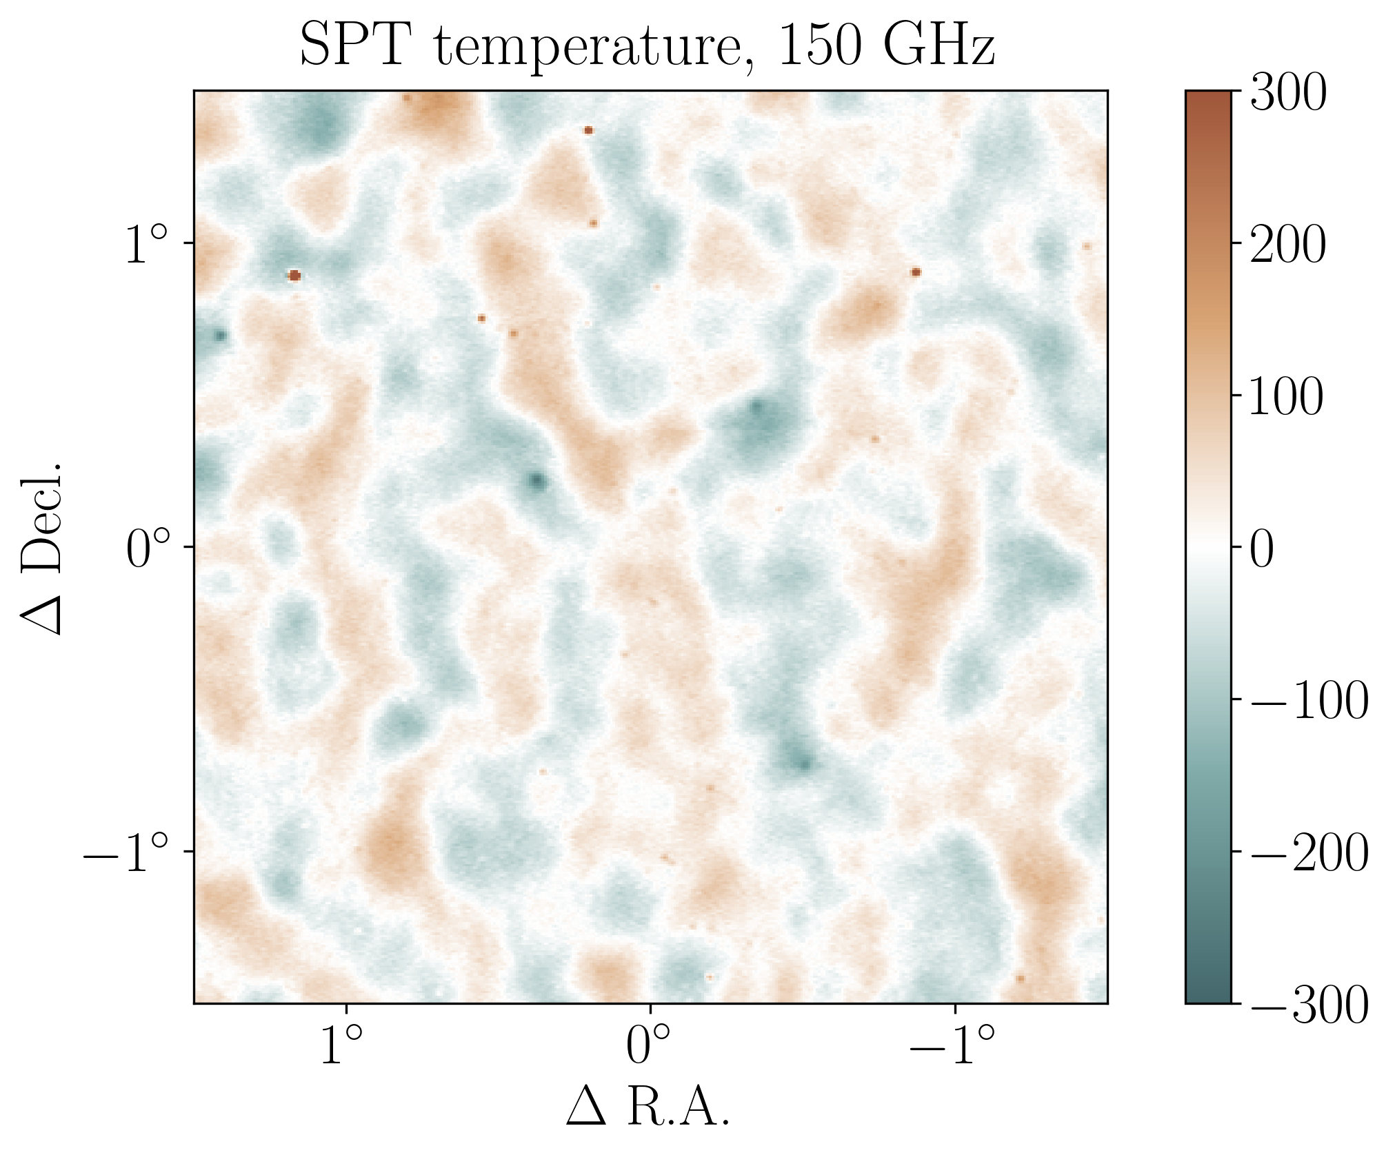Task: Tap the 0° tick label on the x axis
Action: [x=648, y=1045]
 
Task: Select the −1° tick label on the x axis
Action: [x=953, y=1045]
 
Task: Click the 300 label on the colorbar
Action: [x=1287, y=93]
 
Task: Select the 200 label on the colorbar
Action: [x=1287, y=245]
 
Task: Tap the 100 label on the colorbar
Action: [x=1287, y=398]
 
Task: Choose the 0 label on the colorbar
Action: [x=1263, y=550]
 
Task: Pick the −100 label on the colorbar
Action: [x=1308, y=702]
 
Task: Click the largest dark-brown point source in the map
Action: [x=294, y=276]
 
